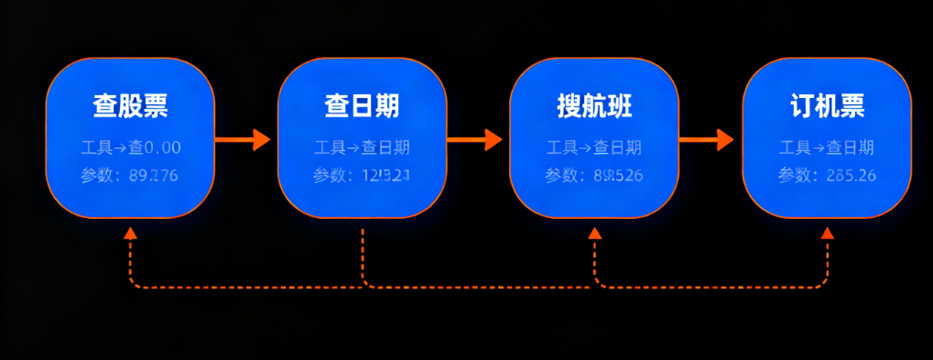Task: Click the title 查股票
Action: (x=130, y=106)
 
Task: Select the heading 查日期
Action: (x=362, y=106)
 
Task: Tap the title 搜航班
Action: (x=594, y=106)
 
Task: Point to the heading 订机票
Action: (x=827, y=106)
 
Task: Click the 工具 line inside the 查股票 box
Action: (x=130, y=147)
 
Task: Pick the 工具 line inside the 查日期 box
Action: (x=362, y=147)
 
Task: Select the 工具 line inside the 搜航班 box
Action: (x=594, y=147)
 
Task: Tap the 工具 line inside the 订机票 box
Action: (x=827, y=147)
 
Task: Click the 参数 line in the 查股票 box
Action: (x=130, y=176)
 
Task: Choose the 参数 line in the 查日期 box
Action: (x=362, y=176)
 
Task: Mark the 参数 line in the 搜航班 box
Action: (x=594, y=176)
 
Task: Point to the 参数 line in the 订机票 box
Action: (x=827, y=176)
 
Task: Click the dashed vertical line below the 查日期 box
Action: (x=363, y=256)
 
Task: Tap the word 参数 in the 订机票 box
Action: (x=793, y=176)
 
